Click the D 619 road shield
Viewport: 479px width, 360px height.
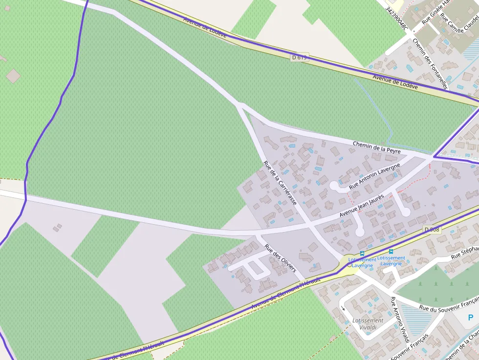click(x=300, y=57)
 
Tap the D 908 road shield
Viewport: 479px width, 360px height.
click(x=432, y=230)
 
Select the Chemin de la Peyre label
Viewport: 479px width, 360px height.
click(x=376, y=147)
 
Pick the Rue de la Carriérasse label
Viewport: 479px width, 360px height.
click(x=280, y=183)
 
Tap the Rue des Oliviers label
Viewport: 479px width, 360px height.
click(x=280, y=258)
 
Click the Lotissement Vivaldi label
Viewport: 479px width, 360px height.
click(x=368, y=324)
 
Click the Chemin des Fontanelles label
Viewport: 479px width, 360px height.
click(x=430, y=64)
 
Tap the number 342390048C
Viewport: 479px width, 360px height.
click(x=396, y=19)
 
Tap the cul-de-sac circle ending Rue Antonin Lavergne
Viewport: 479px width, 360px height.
click(x=334, y=186)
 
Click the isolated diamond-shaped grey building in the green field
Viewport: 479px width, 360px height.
click(x=14, y=76)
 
